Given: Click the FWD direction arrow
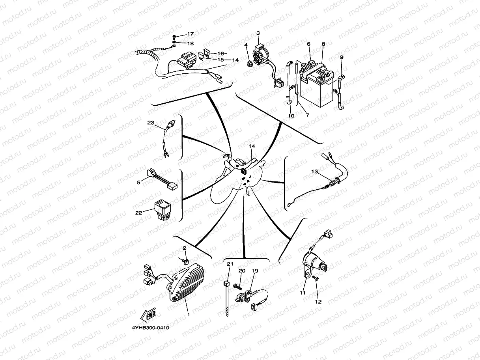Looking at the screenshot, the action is (x=148, y=315).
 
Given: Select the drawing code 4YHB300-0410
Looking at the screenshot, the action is (x=150, y=328).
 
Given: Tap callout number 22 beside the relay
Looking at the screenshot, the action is (x=139, y=213).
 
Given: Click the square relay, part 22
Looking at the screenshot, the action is (x=163, y=211).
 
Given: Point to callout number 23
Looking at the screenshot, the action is (x=151, y=123).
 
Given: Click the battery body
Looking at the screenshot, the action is (x=317, y=86).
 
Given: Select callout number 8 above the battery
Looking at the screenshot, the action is (x=323, y=44).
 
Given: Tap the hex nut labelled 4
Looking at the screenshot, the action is (x=248, y=64).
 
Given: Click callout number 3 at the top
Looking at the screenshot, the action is (x=258, y=33).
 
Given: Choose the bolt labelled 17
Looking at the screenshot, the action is (x=174, y=37).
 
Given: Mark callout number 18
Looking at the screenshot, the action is (x=191, y=43).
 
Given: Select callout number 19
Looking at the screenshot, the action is (x=255, y=271).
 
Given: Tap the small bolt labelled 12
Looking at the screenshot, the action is (x=316, y=278).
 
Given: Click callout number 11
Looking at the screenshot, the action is (x=303, y=293).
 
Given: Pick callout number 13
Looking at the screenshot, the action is (x=315, y=172).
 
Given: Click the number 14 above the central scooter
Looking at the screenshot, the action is (x=252, y=146).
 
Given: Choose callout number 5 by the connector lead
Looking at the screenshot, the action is (x=138, y=182).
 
